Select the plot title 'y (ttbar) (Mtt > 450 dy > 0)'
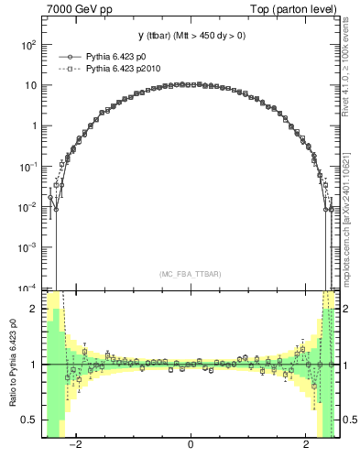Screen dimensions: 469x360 pos(190,37)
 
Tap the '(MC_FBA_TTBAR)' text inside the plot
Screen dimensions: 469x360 pos(190,274)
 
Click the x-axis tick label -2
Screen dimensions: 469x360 pos(79,445)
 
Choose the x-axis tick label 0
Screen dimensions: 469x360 pos(190,445)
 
